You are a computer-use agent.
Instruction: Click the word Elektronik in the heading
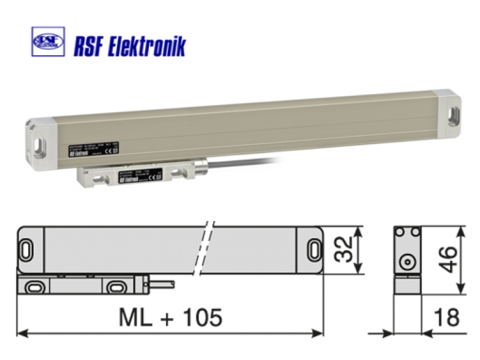tap(146, 46)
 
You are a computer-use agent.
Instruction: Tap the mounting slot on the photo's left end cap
tap(40, 145)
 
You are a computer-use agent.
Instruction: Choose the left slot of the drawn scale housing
tap(28, 248)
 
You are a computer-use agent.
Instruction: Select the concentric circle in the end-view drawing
tap(407, 262)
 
